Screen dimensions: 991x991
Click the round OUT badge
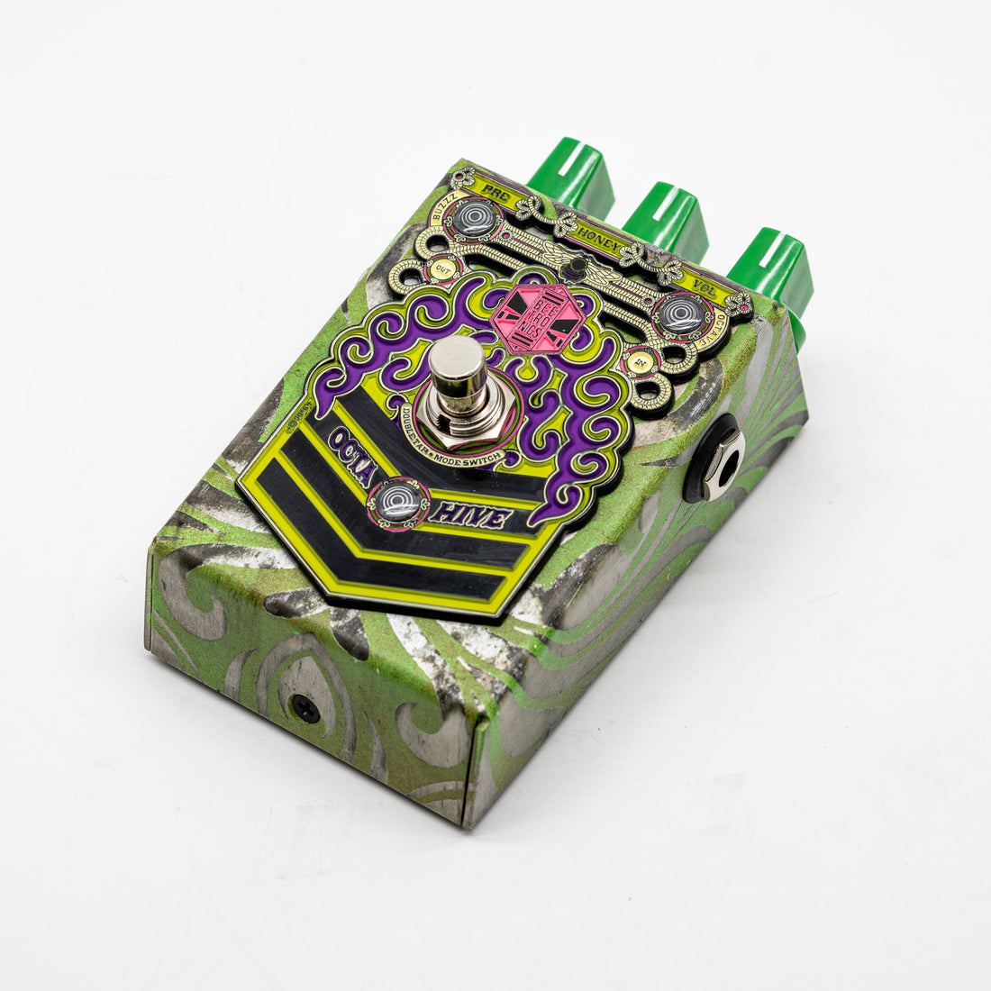pyautogui.click(x=441, y=268)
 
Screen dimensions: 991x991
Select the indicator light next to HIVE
pyautogui.click(x=399, y=501)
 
